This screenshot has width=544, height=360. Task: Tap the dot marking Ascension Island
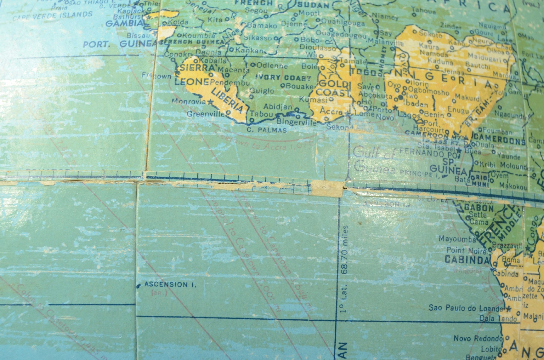pos(138,285)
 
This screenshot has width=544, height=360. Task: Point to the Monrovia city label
pos(188,101)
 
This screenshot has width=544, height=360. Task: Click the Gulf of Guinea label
pos(374,159)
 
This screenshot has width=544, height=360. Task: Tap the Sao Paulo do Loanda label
pos(465,308)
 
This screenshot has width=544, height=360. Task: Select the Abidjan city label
pos(278,107)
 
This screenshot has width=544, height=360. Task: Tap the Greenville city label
pos(206,114)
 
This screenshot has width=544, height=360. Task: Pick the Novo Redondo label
pos(477,339)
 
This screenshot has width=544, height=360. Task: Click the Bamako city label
pos(261,25)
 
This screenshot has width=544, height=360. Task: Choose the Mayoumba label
pos(457,239)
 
